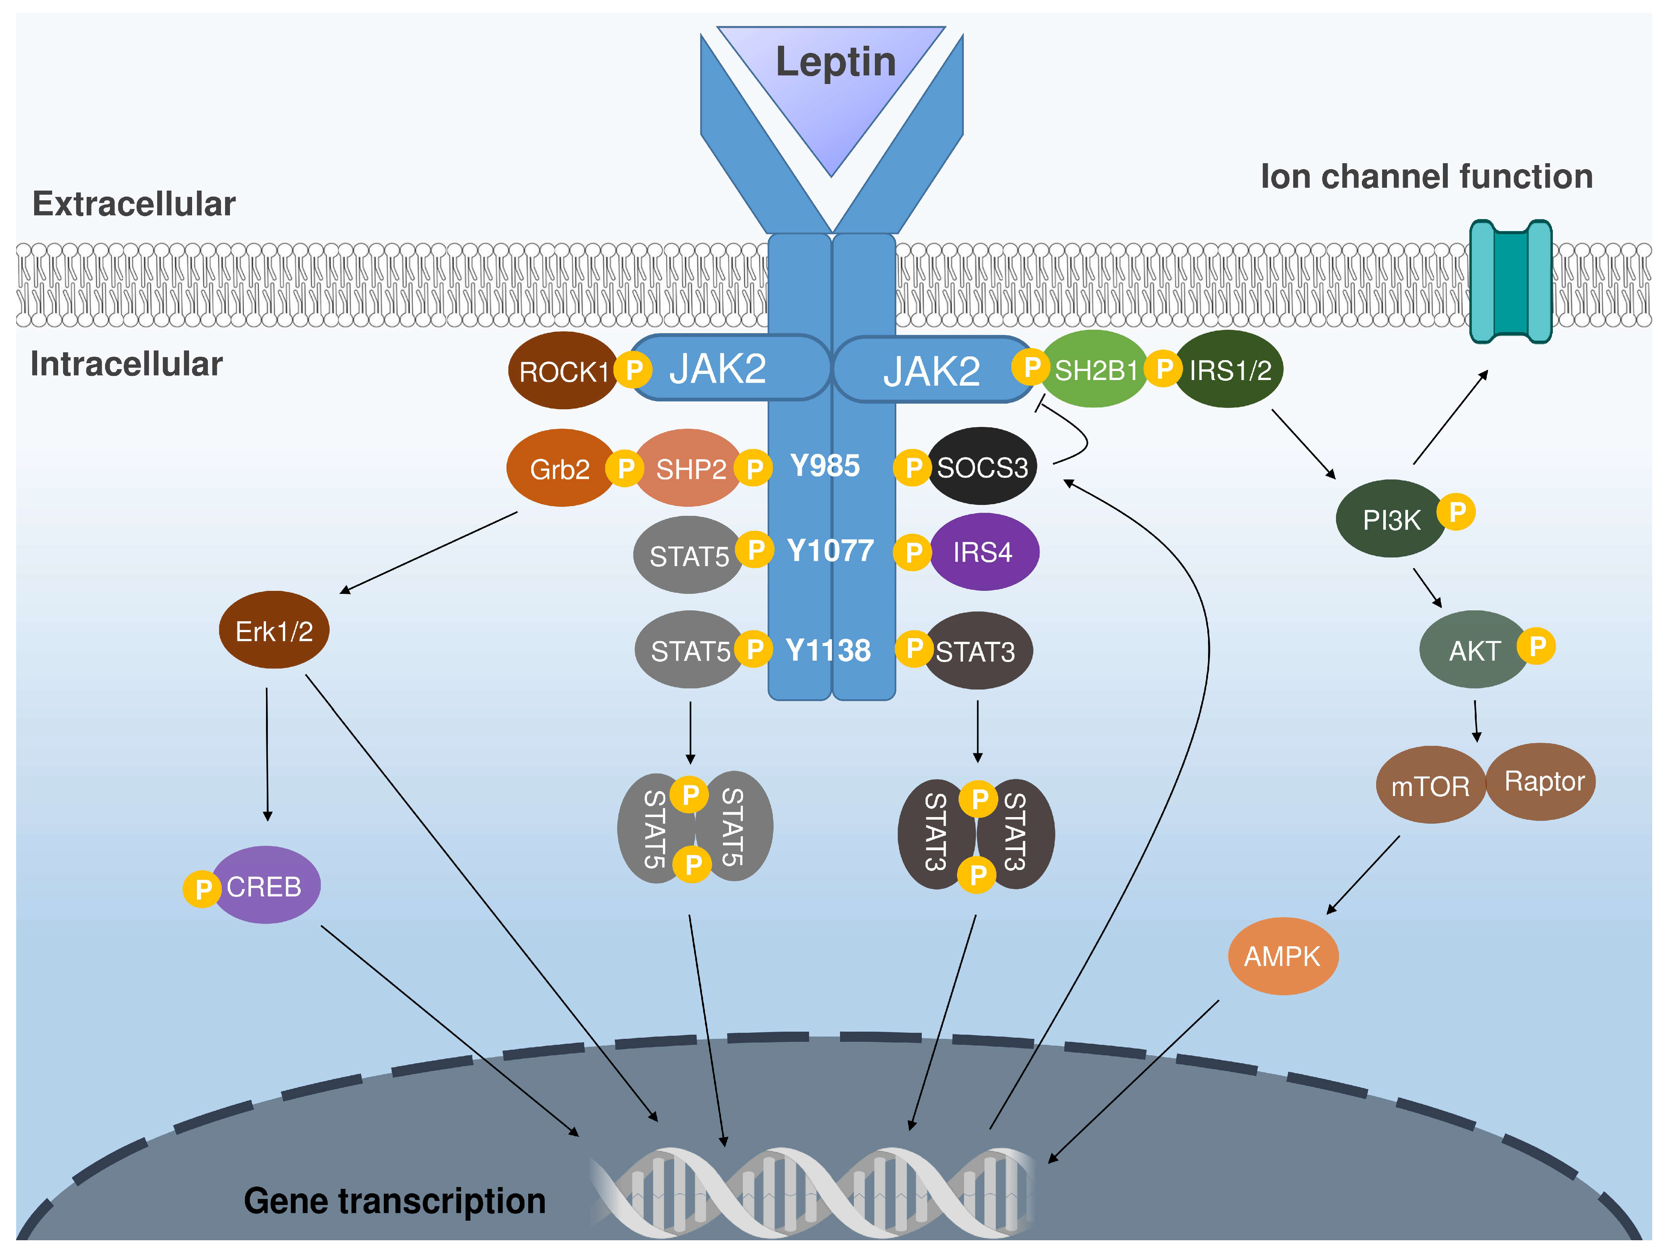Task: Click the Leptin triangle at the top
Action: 832,83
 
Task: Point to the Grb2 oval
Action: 559,469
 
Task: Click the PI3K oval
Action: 1390,519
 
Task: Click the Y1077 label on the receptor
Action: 830,551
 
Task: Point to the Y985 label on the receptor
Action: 825,466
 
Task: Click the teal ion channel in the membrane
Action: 1511,282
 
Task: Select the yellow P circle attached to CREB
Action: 202,889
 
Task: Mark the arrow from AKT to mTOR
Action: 1476,721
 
